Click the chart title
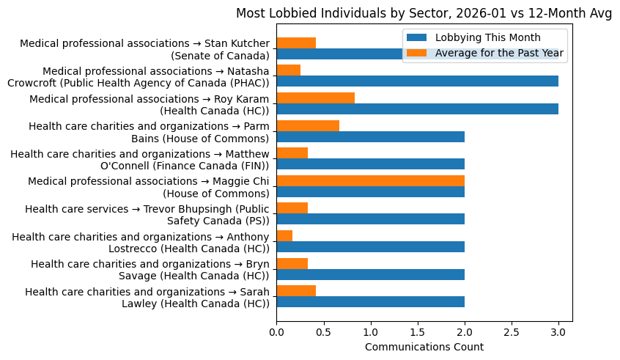click(424, 13)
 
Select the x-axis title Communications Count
click(424, 347)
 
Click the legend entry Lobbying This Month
click(487, 38)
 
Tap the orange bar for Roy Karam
click(316, 98)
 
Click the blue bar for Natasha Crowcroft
click(417, 81)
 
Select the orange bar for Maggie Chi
click(370, 180)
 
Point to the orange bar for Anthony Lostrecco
click(284, 235)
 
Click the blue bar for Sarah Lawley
click(370, 302)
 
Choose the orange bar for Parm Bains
click(308, 125)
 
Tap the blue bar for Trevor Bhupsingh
click(370, 219)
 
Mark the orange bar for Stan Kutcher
click(296, 43)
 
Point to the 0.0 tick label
click(276, 332)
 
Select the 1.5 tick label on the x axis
click(417, 332)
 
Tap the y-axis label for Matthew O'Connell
click(140, 159)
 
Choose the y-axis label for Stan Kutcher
click(144, 49)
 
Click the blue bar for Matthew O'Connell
click(370, 164)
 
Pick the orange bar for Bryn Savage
click(292, 263)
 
